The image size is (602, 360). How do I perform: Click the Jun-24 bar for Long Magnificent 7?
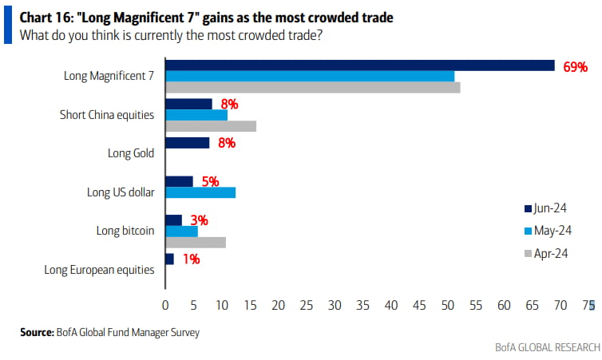[x=359, y=65]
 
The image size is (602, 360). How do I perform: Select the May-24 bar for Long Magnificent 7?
[x=310, y=77]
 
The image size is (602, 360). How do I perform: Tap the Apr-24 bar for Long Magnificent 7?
[x=312, y=88]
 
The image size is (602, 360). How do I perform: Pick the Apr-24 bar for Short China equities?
[x=211, y=126]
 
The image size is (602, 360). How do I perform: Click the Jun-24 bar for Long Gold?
[x=187, y=143]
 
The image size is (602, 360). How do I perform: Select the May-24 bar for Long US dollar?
[x=200, y=192]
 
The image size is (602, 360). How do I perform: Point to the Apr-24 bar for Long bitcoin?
[x=196, y=242]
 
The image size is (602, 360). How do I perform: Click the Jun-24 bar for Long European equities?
[x=169, y=259]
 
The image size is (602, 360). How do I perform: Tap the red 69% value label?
[x=575, y=66]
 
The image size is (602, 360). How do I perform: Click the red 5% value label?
[x=210, y=181]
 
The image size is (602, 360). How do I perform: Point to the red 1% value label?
[x=189, y=259]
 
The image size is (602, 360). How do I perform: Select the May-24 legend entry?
[x=551, y=231]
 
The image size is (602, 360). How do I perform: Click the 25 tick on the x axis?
[x=307, y=304]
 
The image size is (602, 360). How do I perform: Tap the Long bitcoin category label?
[x=125, y=231]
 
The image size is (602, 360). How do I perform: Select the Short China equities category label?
[x=107, y=115]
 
